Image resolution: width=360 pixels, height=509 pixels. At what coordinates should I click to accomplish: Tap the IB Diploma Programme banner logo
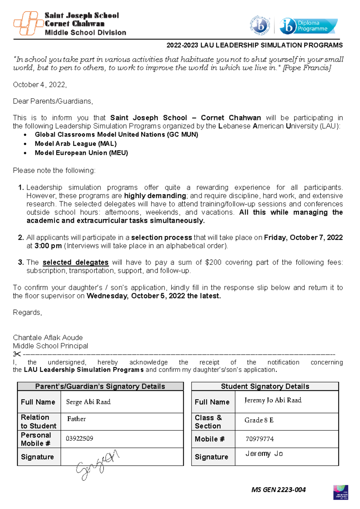click(308, 26)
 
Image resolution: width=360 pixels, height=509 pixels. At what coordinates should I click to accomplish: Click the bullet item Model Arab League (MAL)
click(76, 144)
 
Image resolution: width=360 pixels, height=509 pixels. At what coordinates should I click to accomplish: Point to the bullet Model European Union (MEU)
click(81, 153)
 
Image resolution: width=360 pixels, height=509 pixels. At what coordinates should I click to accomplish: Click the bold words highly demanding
click(155, 196)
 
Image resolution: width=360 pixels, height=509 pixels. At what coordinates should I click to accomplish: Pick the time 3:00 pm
click(48, 246)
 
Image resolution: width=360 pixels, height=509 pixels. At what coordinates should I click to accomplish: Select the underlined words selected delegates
click(75, 262)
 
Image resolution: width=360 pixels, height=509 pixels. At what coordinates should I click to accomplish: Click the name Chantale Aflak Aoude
click(48, 338)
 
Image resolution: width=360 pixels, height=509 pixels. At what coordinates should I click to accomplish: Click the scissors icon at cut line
click(17, 354)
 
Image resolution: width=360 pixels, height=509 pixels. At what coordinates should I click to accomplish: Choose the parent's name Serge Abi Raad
click(88, 402)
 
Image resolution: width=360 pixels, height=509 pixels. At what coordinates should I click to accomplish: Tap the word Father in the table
click(76, 419)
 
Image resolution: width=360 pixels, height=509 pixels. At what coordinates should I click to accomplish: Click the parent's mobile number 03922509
click(79, 438)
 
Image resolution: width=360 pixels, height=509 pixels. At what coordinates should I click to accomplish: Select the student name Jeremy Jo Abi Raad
click(273, 400)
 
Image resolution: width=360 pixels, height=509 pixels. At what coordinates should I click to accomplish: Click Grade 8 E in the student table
click(259, 420)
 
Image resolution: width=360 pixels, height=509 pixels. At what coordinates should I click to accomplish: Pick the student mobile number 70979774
click(259, 439)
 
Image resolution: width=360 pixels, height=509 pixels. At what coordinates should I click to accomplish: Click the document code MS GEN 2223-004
click(278, 490)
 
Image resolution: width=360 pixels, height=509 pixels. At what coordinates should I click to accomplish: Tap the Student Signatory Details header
click(265, 386)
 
